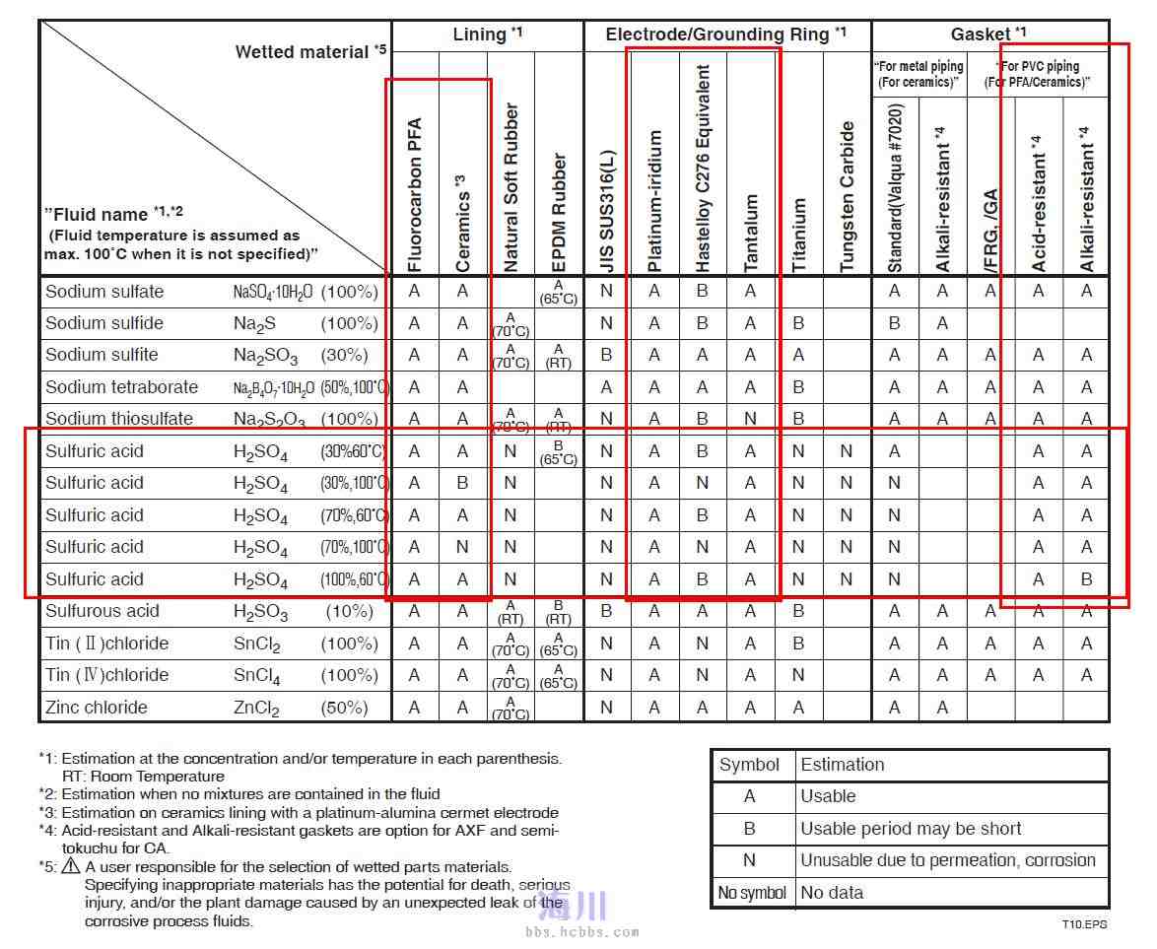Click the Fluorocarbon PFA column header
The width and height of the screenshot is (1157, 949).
pos(414,195)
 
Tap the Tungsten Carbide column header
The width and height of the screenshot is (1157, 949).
pos(848,197)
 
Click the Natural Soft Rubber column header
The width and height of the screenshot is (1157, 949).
pos(510,187)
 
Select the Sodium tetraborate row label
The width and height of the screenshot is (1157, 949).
pos(121,387)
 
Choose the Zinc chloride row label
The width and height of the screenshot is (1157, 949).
pos(97,708)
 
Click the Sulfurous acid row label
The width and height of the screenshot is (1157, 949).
pos(102,611)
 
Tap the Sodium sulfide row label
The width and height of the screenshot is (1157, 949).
pos(104,323)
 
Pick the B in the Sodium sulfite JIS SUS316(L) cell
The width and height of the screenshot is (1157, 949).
pos(606,355)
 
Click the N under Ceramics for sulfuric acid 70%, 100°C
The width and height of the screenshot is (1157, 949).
pos(462,547)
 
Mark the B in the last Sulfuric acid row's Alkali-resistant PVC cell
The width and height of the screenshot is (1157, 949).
pos(1086,579)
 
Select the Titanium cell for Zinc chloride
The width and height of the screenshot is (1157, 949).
pos(798,708)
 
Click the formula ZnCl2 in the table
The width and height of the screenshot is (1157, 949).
pos(256,709)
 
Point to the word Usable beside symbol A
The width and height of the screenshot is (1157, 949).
pos(828,796)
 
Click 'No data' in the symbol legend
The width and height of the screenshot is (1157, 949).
pos(832,893)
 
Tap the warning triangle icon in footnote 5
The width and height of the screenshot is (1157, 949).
pos(71,867)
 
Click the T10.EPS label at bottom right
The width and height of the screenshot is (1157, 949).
pos(1084,925)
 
